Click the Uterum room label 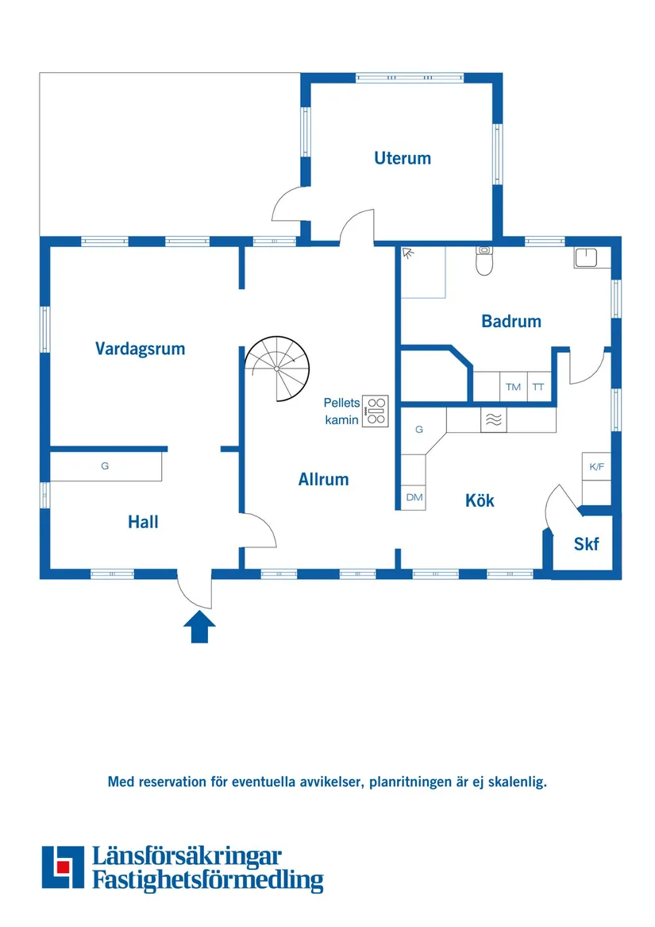tap(402, 158)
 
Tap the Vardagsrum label tap(140, 349)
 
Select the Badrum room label tap(511, 321)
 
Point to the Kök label tap(480, 500)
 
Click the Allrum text tap(323, 480)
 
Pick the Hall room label tap(143, 521)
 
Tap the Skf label tap(586, 544)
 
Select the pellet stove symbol tap(376, 411)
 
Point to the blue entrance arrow tap(199, 627)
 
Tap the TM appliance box tap(513, 387)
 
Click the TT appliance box tap(538, 387)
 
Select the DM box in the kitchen tap(414, 497)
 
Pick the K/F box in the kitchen tap(596, 466)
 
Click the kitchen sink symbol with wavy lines tap(494, 419)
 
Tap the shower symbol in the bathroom tap(408, 253)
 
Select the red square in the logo tap(63, 867)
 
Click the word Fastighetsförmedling tap(208, 880)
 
